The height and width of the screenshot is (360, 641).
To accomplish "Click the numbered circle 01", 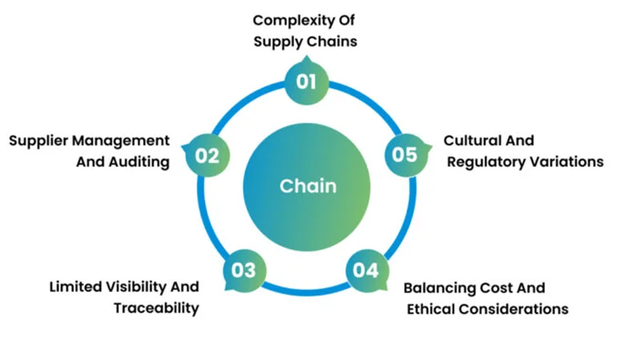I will [306, 81].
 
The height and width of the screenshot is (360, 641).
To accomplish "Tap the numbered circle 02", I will [207, 154].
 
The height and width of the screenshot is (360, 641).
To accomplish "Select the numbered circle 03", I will [244, 270].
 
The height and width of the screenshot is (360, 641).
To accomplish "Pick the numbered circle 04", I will [365, 270].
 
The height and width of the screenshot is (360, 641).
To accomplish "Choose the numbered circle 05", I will [405, 154].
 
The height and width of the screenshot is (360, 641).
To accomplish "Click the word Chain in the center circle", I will [308, 186].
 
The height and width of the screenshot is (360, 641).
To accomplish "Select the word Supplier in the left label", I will [39, 141].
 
